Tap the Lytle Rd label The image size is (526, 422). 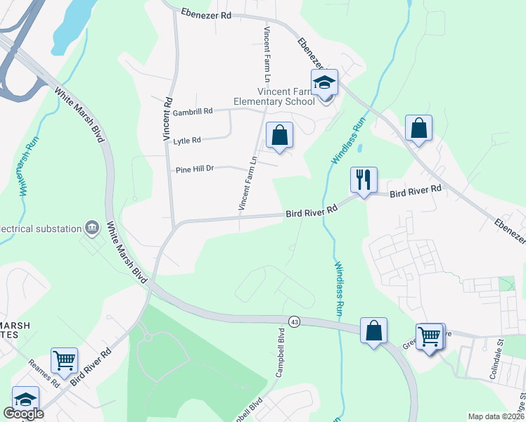coord(187,141)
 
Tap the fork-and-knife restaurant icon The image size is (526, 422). coord(364,180)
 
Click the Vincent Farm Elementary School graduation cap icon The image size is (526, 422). coord(324,82)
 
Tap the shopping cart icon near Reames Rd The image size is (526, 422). coord(64,360)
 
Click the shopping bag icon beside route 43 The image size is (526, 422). coord(373,330)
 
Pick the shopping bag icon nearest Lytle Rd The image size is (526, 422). coord(279,134)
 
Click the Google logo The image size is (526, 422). coord(23,414)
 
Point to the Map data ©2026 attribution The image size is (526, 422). coord(495,416)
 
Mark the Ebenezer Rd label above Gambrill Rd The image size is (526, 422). coord(205,13)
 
